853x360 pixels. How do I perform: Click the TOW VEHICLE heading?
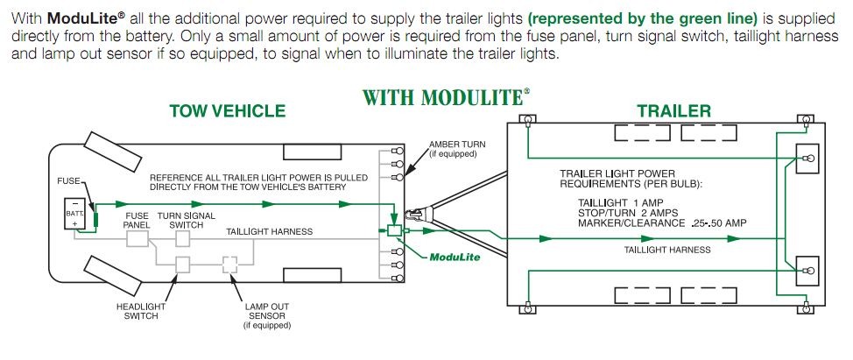point(227,111)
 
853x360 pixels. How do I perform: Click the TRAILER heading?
point(673,111)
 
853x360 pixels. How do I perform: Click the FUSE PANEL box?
point(137,238)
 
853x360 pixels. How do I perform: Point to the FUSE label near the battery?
point(68,180)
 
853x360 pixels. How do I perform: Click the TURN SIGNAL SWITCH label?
point(186,220)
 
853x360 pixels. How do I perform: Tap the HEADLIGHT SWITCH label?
point(137,311)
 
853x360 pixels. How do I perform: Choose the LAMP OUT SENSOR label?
point(266,316)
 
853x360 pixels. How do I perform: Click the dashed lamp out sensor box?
point(231,265)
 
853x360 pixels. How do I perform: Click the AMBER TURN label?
point(455,148)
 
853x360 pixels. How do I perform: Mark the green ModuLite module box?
point(395,231)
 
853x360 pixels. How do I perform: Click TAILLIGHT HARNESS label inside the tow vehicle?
point(270,232)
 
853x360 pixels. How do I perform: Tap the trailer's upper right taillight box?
point(805,158)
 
